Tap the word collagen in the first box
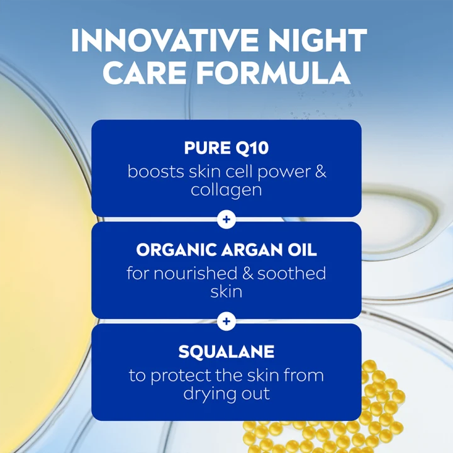click(226, 189)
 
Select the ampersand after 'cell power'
click(320, 171)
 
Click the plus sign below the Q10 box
click(226, 220)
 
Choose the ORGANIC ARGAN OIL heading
click(226, 250)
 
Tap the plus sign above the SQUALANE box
click(226, 322)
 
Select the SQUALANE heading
click(226, 352)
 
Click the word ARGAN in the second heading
click(249, 250)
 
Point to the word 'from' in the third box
click(305, 376)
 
